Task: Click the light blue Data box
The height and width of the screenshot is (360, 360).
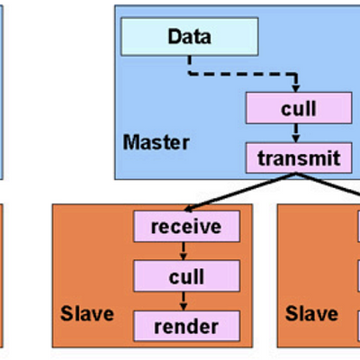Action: [x=189, y=39]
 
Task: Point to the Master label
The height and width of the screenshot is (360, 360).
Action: [x=156, y=142]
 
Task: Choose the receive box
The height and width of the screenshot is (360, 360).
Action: [x=187, y=226]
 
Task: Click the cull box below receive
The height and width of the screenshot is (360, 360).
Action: [x=187, y=275]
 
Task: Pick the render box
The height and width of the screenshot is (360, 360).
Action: [x=187, y=325]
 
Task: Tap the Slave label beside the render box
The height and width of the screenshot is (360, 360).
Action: [x=86, y=314]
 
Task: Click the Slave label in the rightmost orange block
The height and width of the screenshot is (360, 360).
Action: [x=311, y=314]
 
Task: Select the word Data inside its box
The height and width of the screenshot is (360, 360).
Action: [x=189, y=39]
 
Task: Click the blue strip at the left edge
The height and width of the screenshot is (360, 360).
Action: [x=3, y=90]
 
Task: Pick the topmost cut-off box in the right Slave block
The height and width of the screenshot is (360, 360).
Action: [x=357, y=226]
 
